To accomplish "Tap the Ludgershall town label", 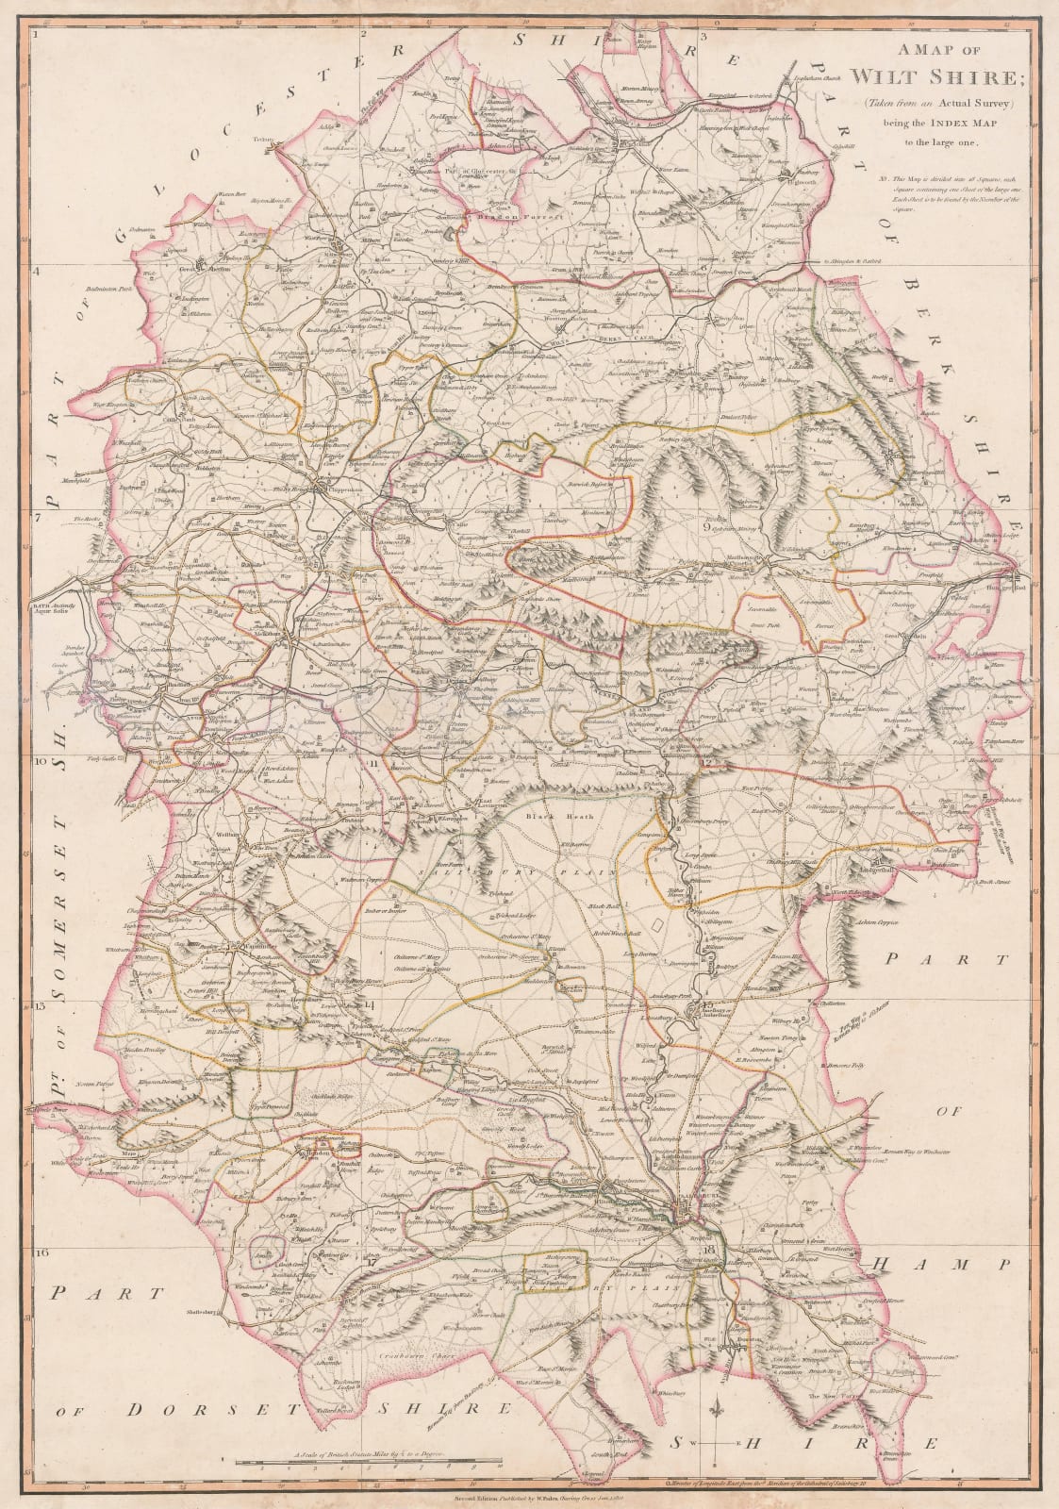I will coord(887,863).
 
